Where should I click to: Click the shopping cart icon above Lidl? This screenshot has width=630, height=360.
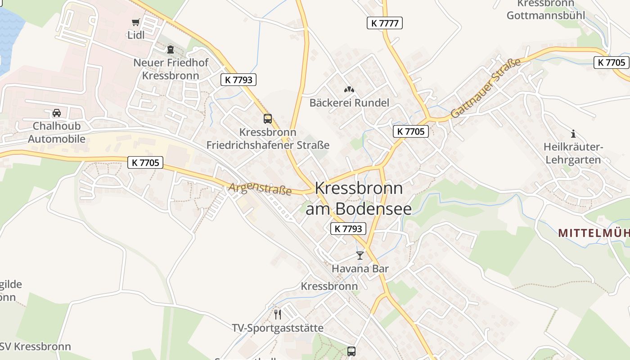coord(135,22)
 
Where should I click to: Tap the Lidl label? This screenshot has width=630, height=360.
coord(136,35)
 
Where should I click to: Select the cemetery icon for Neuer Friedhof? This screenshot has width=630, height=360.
coord(171,49)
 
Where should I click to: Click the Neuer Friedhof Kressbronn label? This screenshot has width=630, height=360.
coord(171,69)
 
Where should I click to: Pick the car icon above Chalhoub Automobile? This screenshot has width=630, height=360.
coord(57,113)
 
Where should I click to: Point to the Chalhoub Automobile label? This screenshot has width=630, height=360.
coord(57,132)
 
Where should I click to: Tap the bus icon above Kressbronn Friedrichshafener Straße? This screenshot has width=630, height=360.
coord(268,119)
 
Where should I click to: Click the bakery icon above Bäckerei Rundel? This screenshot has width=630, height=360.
coord(349,90)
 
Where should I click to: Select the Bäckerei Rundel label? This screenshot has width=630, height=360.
coord(349,103)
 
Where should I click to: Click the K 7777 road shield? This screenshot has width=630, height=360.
coord(384,23)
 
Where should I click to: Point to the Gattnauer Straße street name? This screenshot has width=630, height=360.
coord(486,88)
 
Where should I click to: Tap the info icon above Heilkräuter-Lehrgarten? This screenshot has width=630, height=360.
coord(573,134)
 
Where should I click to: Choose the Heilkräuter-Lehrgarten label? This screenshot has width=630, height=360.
coord(572,153)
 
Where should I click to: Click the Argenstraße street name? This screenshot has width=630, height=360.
coord(260,189)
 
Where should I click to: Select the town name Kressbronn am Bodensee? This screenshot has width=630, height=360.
coord(359,198)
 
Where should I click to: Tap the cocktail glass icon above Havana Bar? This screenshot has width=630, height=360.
coord(360,256)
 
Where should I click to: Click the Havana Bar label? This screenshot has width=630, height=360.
coord(360,269)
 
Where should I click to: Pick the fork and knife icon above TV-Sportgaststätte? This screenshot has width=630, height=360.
coord(278,314)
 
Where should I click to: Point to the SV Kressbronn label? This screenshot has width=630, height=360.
coord(36,346)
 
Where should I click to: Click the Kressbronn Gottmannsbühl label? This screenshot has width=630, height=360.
coord(546,10)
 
